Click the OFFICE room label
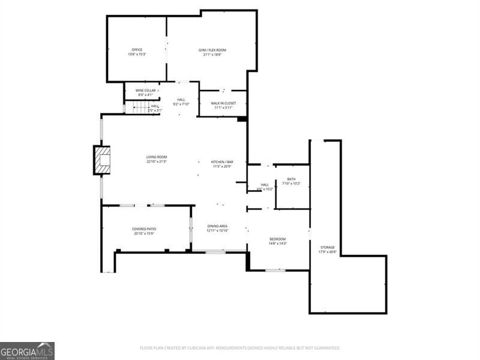(x=137, y=49)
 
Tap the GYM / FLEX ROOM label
(x=212, y=50)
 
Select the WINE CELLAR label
(x=146, y=91)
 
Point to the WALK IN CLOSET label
(x=223, y=103)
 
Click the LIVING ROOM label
(x=157, y=157)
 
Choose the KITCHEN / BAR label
(x=222, y=162)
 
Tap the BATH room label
(x=291, y=179)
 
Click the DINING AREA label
(x=217, y=226)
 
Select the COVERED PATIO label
(x=144, y=229)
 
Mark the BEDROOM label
(x=277, y=239)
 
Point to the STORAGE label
(x=327, y=247)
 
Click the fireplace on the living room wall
(x=103, y=160)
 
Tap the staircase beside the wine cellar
(x=140, y=107)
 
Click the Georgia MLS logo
(x=27, y=350)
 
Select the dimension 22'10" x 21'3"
(x=157, y=161)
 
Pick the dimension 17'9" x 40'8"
(x=327, y=251)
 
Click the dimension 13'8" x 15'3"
(x=137, y=54)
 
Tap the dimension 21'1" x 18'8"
(x=212, y=54)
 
